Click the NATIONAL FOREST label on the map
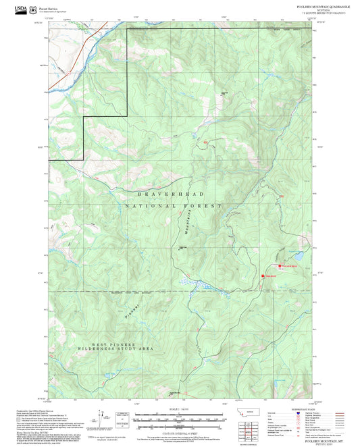(174, 205)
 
